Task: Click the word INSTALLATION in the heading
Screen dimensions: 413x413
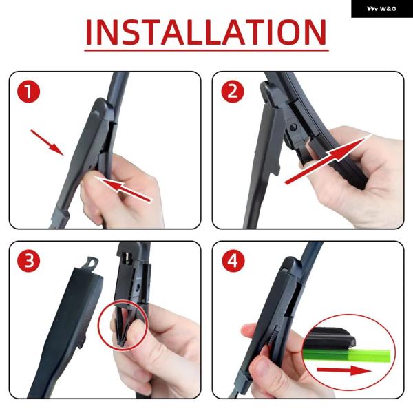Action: tap(206, 32)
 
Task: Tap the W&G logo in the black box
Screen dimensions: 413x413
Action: tap(381, 9)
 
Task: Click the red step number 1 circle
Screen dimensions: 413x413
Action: tap(28, 92)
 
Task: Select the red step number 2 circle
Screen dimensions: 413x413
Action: tap(233, 92)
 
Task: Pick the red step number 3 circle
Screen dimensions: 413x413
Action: tap(28, 260)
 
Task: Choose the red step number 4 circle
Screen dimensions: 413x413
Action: tap(233, 260)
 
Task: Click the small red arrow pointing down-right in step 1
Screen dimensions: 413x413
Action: tap(47, 142)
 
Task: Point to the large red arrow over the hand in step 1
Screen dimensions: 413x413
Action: tap(124, 189)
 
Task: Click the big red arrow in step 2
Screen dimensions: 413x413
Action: tap(328, 159)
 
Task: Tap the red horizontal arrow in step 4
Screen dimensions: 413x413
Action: tap(344, 370)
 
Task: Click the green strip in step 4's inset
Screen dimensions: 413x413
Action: tap(347, 354)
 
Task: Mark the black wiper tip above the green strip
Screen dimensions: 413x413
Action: tap(329, 339)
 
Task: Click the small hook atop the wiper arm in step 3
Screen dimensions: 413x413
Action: tap(92, 264)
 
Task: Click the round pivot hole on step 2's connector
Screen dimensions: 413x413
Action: tap(293, 128)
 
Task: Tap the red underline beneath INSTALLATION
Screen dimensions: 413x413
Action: tap(206, 50)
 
